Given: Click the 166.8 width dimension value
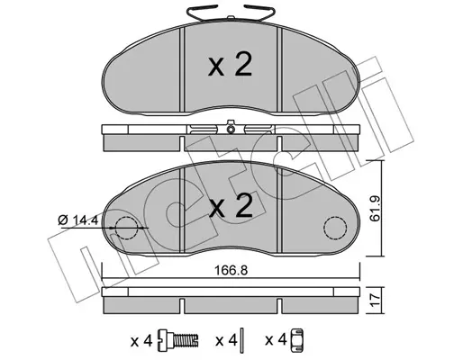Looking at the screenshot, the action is [231, 271].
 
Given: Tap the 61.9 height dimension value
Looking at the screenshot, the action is [375, 209].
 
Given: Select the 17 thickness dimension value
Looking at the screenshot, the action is [375, 300].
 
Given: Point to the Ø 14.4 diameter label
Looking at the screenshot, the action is [78, 220].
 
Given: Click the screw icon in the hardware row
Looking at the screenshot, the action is [178, 341].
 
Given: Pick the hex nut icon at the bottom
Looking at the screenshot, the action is [297, 340].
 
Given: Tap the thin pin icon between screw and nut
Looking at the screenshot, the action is [243, 340].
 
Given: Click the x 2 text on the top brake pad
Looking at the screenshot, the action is [231, 65].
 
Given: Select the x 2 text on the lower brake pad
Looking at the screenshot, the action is [231, 205].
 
